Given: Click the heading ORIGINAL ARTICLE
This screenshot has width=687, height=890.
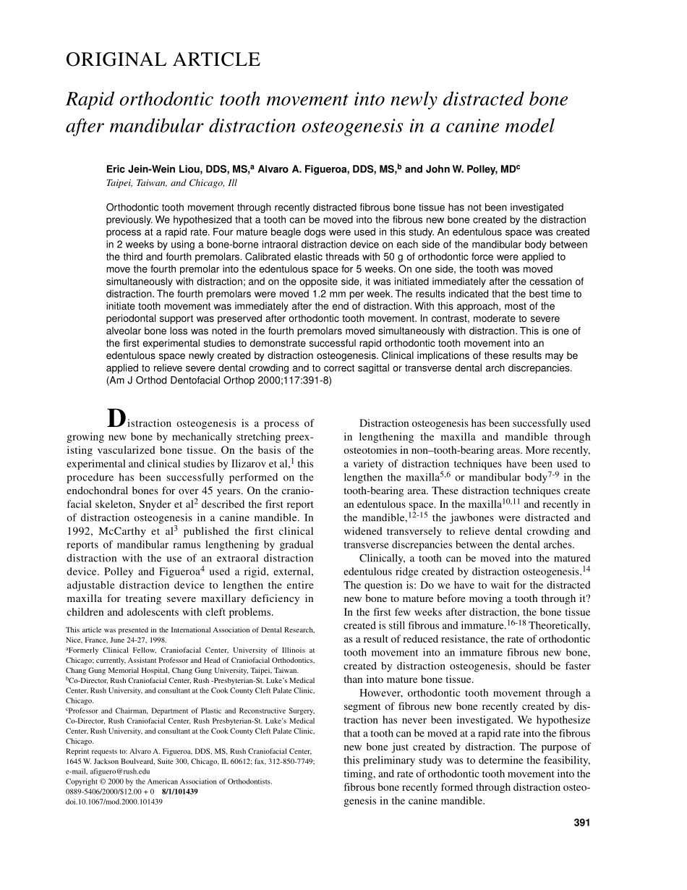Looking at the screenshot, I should coord(163,60).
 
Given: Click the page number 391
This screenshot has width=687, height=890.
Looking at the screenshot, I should coord(581,822).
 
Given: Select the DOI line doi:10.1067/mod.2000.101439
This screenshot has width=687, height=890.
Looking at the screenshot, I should coord(114,802).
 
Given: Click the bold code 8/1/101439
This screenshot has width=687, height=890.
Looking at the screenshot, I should coord(180,792).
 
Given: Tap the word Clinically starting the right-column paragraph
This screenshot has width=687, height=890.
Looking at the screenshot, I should coord(385,558).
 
